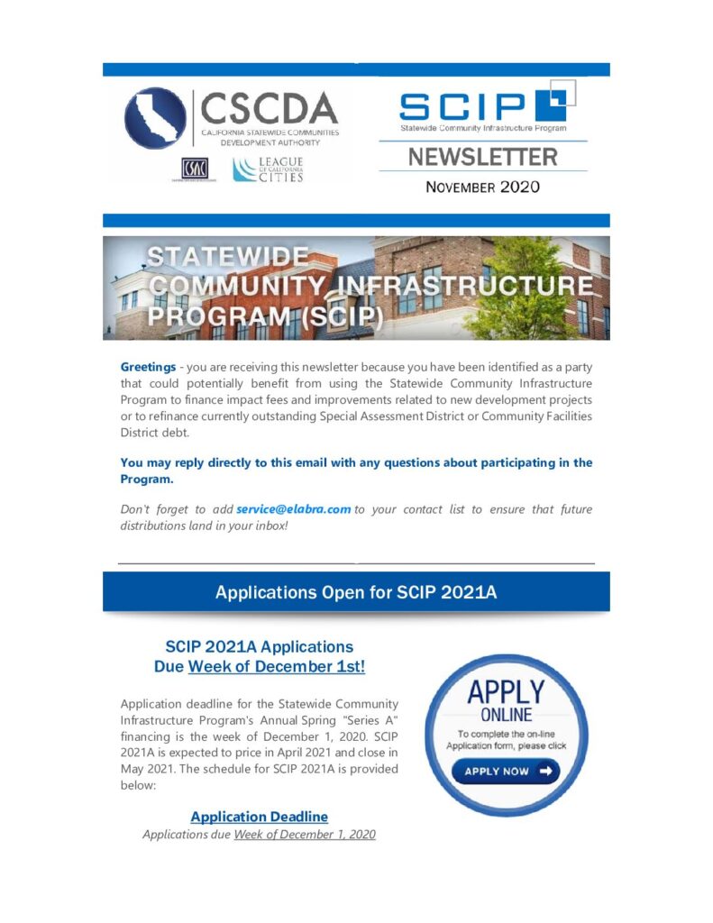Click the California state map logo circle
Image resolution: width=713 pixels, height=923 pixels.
click(155, 117)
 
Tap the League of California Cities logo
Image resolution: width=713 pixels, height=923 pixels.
click(268, 169)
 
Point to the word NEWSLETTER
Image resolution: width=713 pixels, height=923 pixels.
click(482, 157)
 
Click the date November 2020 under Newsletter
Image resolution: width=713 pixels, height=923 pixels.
click(482, 187)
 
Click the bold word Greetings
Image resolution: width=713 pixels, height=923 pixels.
click(148, 368)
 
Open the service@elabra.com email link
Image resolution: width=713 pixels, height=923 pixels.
click(293, 509)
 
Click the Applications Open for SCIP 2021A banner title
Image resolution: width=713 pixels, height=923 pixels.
click(356, 592)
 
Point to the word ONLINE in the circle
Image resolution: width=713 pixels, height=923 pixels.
click(505, 716)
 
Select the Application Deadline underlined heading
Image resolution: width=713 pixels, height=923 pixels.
click(259, 817)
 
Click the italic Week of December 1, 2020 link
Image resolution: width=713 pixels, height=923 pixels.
click(304, 835)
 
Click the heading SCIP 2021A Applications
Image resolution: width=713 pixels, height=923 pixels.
click(259, 647)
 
